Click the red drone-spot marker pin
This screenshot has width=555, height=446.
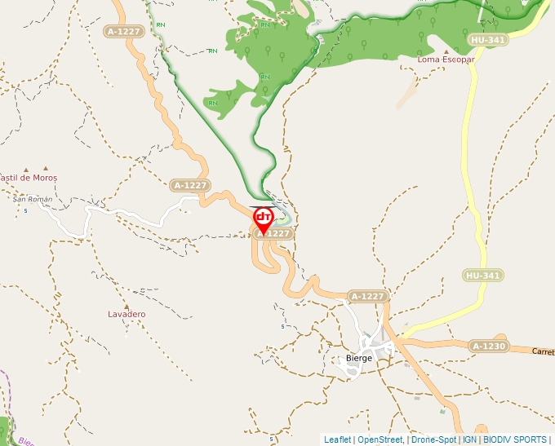[264, 218]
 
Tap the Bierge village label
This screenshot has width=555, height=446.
[359, 358]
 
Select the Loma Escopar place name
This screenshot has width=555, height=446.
[446, 60]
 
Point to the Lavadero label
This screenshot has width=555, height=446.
[127, 314]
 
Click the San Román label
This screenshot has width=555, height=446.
[33, 199]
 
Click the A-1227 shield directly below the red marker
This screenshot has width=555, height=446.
[273, 233]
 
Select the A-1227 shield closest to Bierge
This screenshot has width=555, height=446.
[367, 296]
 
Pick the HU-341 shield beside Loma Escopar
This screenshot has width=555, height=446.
[487, 39]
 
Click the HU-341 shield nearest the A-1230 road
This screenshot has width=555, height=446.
[483, 276]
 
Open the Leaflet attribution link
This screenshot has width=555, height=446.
[337, 439]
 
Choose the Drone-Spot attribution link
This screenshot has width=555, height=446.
[433, 439]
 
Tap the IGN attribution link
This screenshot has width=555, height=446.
[470, 439]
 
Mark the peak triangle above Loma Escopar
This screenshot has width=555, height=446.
[446, 51]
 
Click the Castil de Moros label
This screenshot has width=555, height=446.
[29, 177]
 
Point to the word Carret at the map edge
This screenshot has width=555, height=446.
[543, 352]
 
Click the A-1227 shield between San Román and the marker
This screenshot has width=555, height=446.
[190, 185]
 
